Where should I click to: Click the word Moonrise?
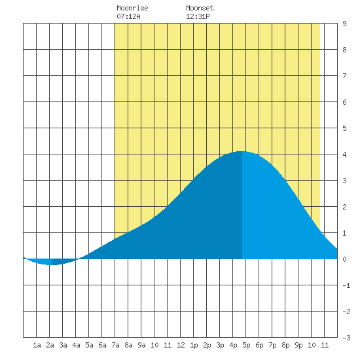click(132, 8)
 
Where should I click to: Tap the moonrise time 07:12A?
click(128, 16)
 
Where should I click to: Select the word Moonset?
click(200, 8)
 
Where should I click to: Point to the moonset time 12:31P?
click(198, 16)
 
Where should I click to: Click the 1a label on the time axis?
click(37, 345)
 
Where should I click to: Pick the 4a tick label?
click(76, 345)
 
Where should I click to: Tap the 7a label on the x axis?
click(115, 345)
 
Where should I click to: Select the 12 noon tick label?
click(181, 345)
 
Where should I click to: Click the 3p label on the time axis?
click(220, 345)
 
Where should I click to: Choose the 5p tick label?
click(246, 345)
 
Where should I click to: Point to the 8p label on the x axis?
click(285, 345)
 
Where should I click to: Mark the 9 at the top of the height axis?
click(344, 24)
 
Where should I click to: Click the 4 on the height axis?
click(344, 154)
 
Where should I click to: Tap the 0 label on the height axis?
click(344, 259)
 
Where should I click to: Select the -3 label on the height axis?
click(346, 338)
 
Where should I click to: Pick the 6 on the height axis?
click(344, 102)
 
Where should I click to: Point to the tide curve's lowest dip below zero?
click(51, 264)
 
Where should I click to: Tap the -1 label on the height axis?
click(346, 285)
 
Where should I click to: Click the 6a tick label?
click(102, 345)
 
